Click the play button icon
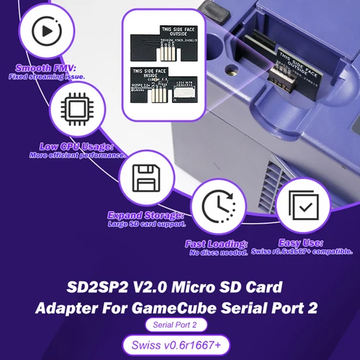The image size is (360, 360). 44,33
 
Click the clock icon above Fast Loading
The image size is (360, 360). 217,207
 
